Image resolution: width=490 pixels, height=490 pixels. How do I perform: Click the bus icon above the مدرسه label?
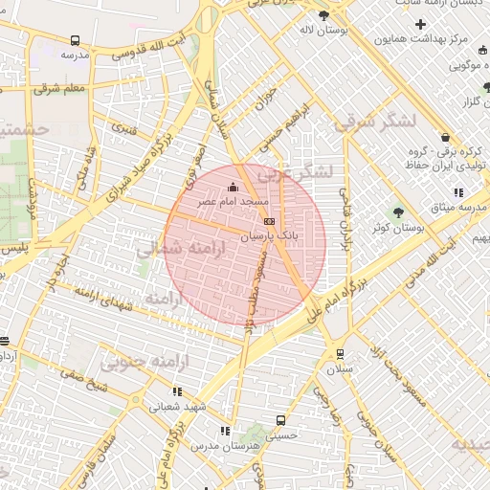[75, 41]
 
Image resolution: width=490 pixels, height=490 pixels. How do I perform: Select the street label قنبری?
[122, 126]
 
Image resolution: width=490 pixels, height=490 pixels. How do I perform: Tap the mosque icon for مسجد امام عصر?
[233, 189]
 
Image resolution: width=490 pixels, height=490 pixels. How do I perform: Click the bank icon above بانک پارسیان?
[268, 220]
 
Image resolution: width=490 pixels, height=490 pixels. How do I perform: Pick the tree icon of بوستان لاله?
[323, 16]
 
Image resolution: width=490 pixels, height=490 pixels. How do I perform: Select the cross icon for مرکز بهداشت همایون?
[420, 23]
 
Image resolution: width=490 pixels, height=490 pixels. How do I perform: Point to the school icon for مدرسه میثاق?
[458, 192]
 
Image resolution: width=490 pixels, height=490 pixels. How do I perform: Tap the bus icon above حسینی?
[280, 420]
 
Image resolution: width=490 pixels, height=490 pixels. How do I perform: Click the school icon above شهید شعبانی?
[176, 391]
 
